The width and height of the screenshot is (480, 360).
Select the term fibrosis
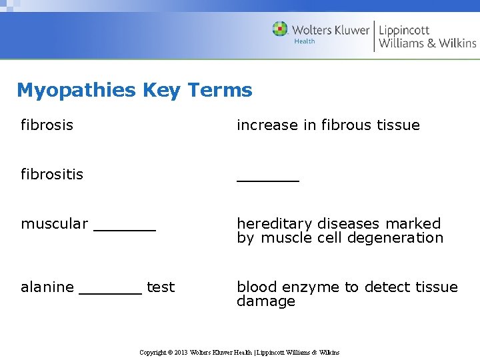[x=47, y=125]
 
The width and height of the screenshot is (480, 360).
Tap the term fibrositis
[x=52, y=174]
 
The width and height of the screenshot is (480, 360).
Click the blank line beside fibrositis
[x=268, y=179]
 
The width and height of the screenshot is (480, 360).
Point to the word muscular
[x=54, y=224]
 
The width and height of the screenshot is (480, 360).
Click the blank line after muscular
[x=125, y=229]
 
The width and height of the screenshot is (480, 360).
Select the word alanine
[x=47, y=287]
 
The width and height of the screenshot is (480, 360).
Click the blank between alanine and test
[x=110, y=292]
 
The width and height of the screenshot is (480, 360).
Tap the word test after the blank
[x=161, y=287]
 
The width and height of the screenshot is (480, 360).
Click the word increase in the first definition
[x=262, y=125]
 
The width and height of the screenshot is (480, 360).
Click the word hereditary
[x=274, y=224]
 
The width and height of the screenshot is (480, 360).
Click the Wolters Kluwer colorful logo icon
[x=280, y=29]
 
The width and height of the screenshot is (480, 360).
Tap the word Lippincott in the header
[x=404, y=30]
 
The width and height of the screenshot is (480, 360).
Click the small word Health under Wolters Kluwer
[x=305, y=41]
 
